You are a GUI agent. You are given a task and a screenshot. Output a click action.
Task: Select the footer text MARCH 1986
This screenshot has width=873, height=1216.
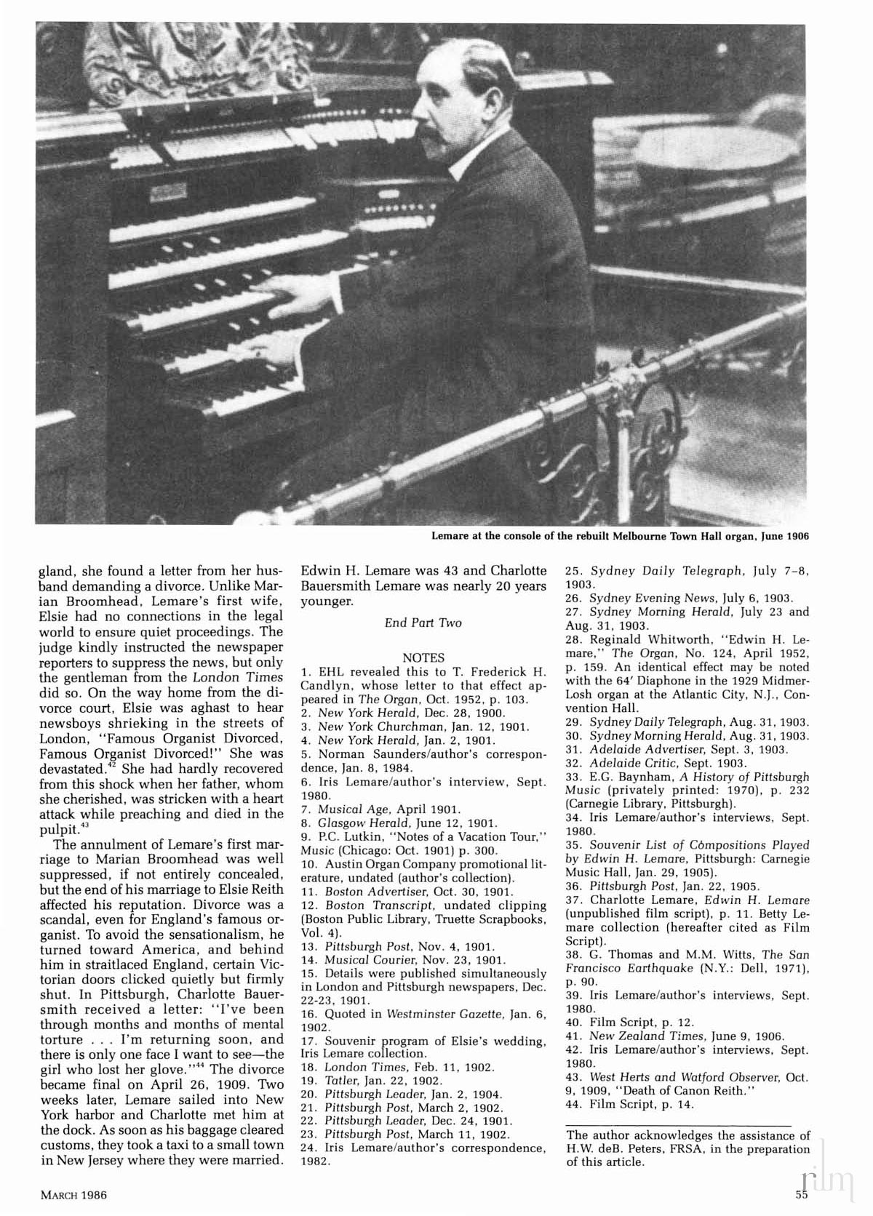(74, 1194)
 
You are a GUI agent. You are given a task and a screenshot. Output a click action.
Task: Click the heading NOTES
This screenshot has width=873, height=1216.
(423, 657)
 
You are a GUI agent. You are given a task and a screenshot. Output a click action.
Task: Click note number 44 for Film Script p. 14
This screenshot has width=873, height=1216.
(572, 1104)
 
